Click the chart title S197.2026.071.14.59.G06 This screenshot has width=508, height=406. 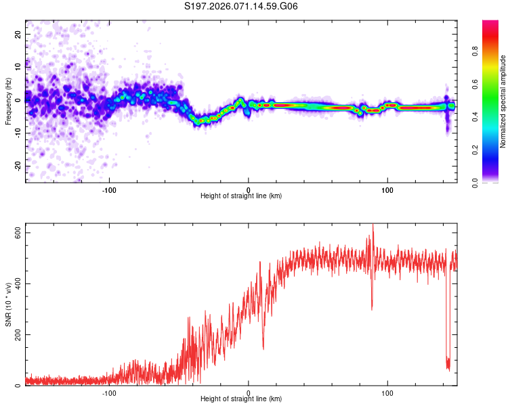pyautogui.click(x=242, y=6)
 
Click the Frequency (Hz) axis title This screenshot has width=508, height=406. pyautogui.click(x=8, y=101)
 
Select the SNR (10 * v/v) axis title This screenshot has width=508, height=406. pyautogui.click(x=8, y=304)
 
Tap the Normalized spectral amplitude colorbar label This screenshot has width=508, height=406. pyautogui.click(x=503, y=101)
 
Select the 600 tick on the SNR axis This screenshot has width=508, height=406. pyautogui.click(x=18, y=232)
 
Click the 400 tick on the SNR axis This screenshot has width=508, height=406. pyautogui.click(x=18, y=284)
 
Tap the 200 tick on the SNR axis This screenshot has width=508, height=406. pyautogui.click(x=18, y=334)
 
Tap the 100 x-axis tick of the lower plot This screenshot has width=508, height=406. pyautogui.click(x=387, y=393)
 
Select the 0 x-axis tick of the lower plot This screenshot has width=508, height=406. pyautogui.click(x=249, y=393)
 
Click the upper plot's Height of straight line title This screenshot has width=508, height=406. pyautogui.click(x=241, y=197)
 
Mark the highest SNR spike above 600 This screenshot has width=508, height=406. pyautogui.click(x=373, y=225)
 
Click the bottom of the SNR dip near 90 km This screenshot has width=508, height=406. pyautogui.click(x=372, y=309)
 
